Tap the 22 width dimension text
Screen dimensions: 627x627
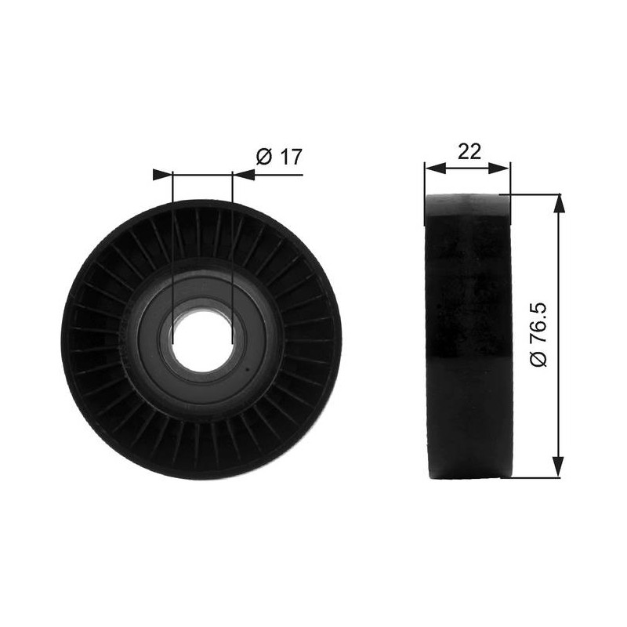click(469, 151)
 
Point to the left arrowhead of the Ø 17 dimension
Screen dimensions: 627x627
click(163, 175)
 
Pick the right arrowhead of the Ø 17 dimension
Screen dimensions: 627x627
click(243, 175)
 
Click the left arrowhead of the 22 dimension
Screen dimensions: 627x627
click(435, 169)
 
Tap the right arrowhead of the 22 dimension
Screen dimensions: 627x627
click(499, 169)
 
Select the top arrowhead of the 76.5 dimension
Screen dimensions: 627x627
click(559, 205)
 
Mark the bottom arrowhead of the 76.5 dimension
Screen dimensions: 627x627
click(559, 466)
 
